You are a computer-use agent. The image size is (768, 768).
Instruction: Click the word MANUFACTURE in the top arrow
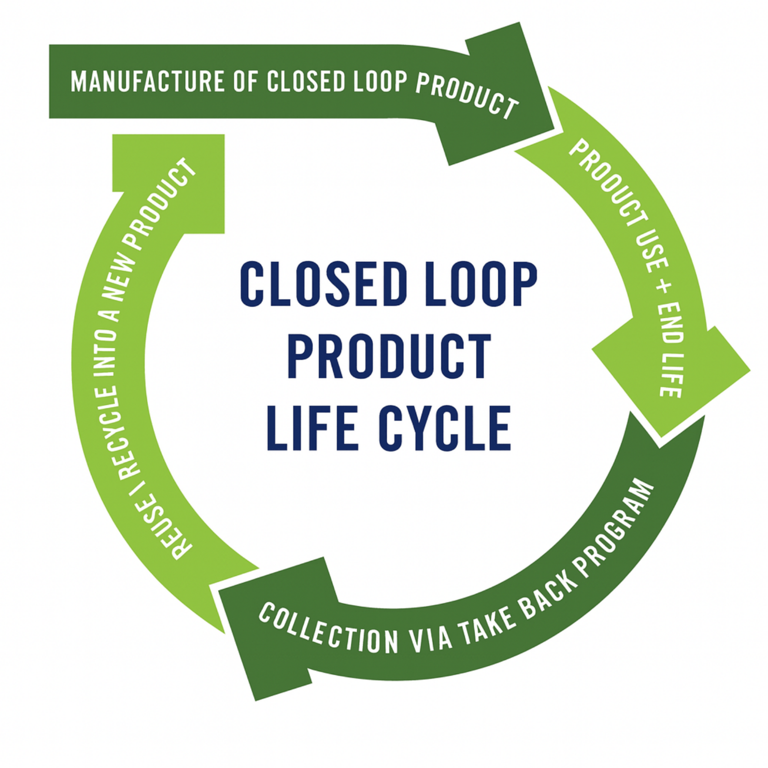pyautogui.click(x=147, y=82)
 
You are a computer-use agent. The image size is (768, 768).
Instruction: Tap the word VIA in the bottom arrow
pyautogui.click(x=430, y=639)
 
